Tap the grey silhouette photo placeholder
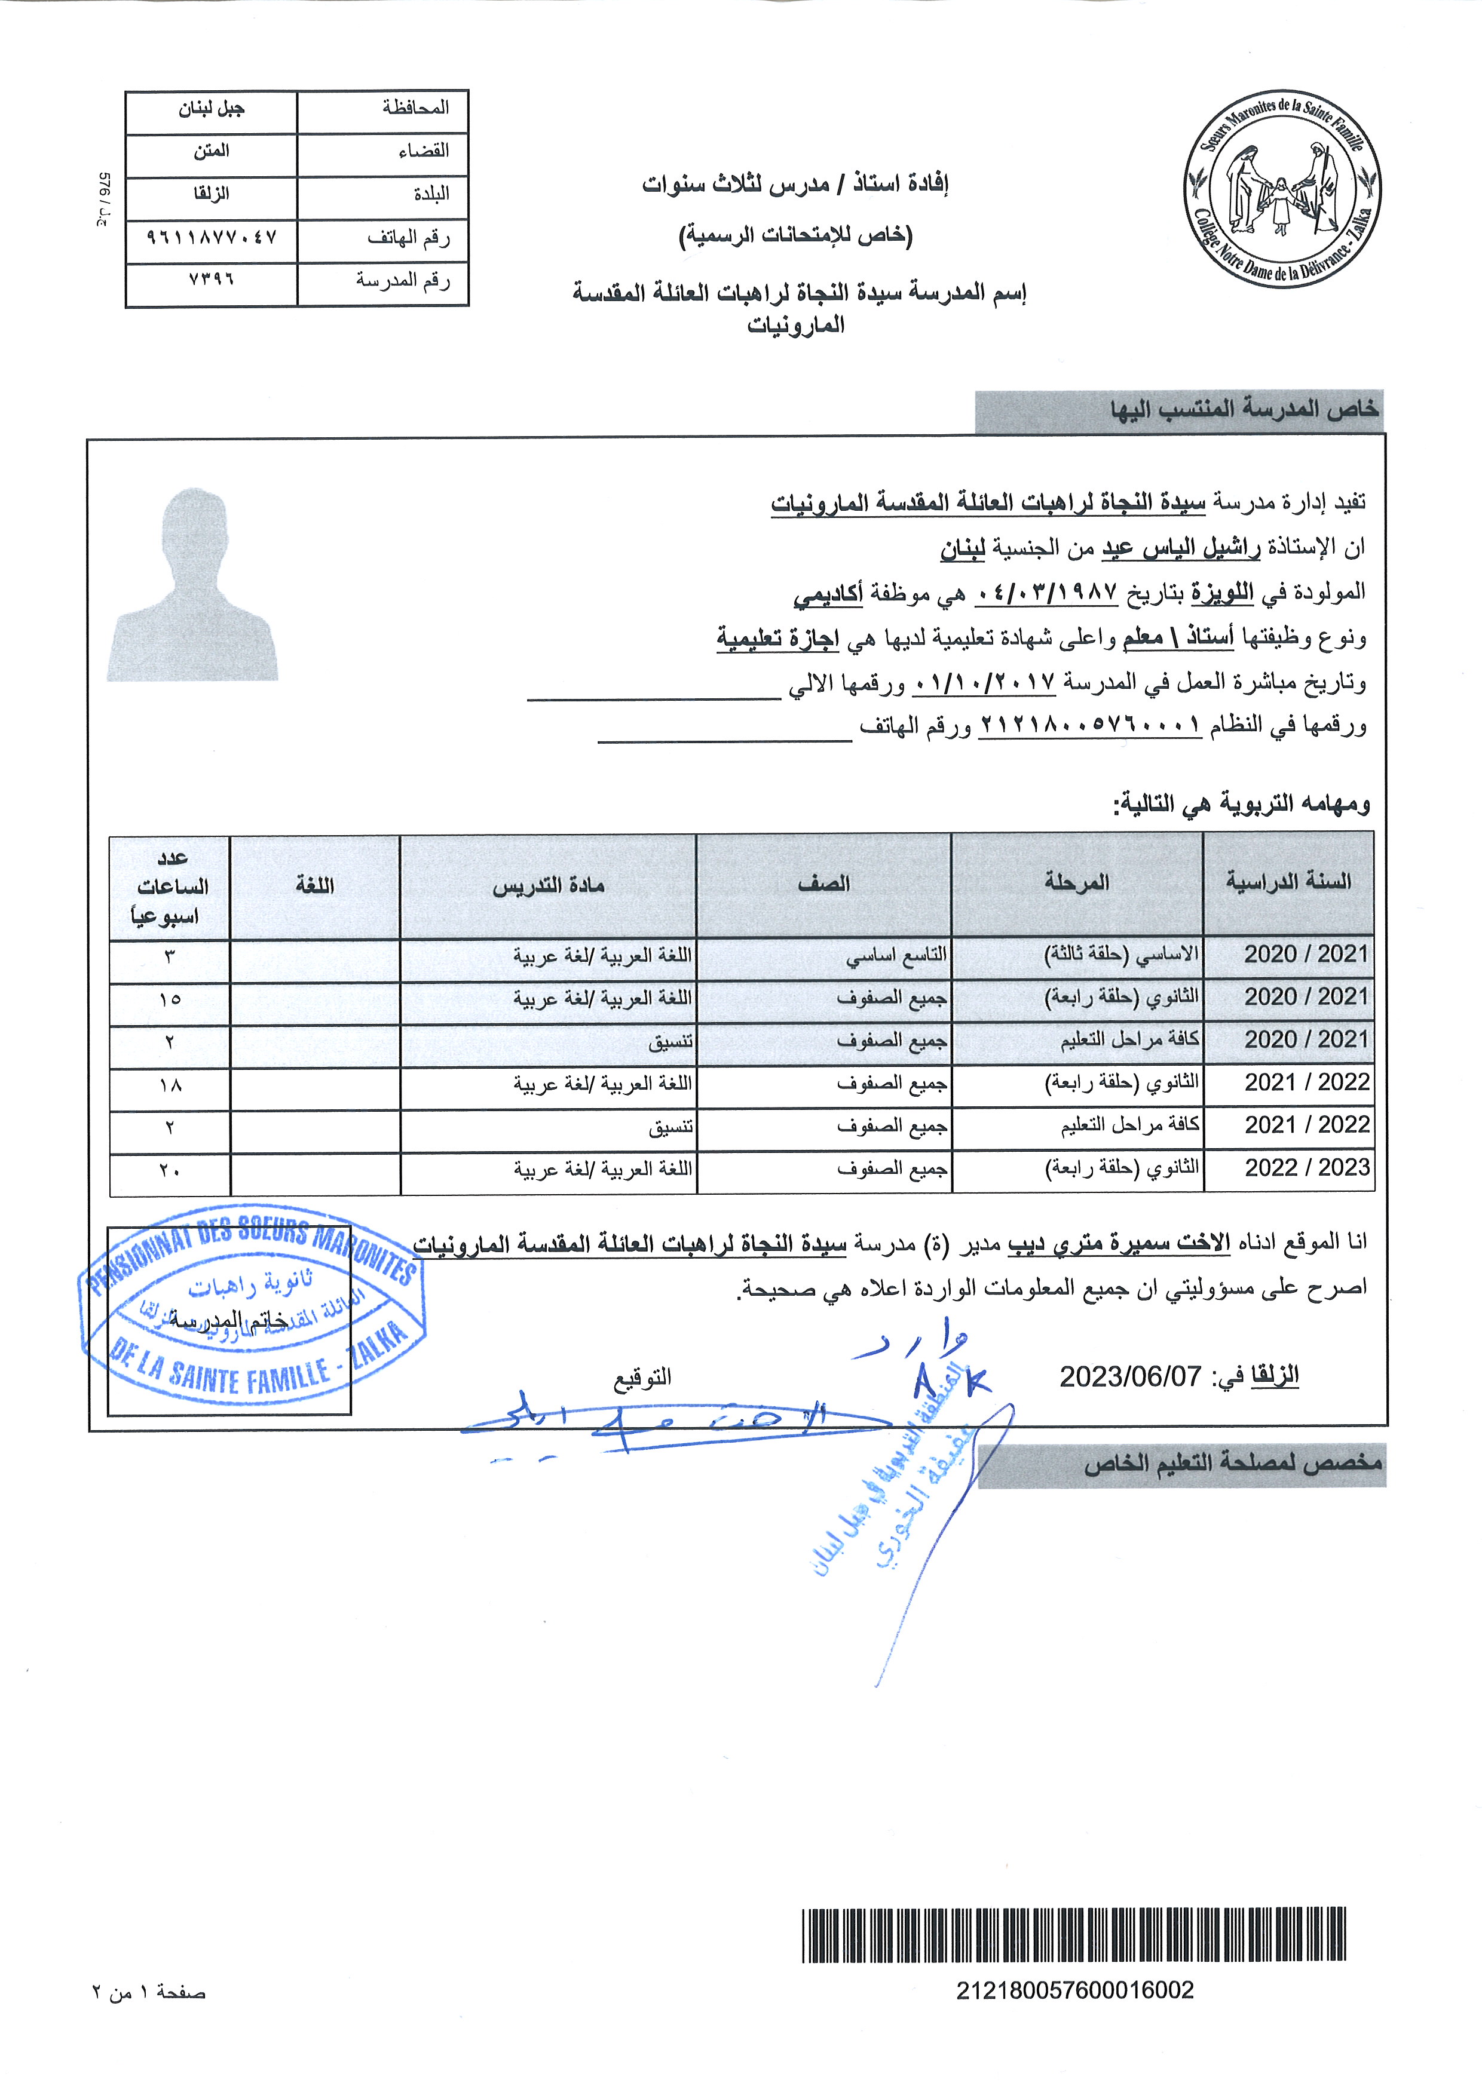point(194,585)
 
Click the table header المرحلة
point(1077,884)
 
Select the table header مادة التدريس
point(549,886)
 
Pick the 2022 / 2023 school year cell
point(1307,1168)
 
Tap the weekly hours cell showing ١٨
point(170,1085)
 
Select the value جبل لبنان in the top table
point(211,109)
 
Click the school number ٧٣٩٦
point(211,281)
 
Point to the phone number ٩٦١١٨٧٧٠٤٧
point(211,238)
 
